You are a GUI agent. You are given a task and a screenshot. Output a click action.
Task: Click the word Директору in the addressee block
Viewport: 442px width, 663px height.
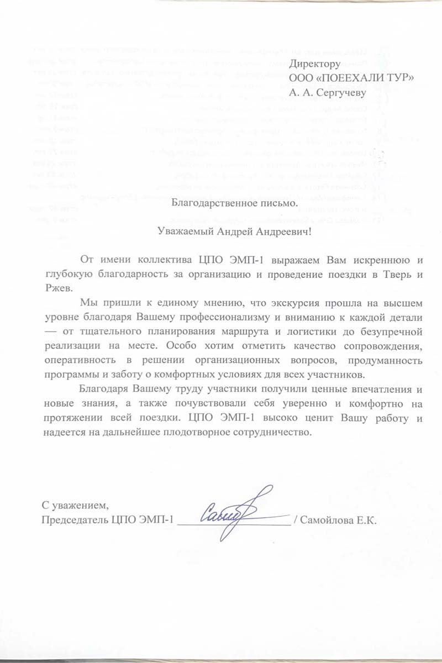coord(313,64)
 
